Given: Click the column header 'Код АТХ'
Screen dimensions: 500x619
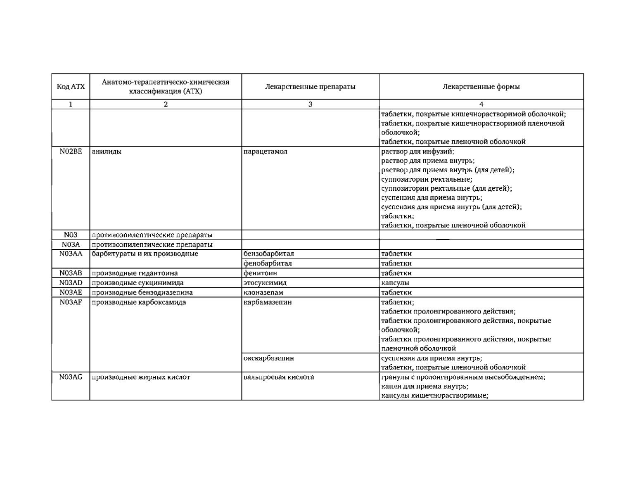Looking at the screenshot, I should tap(71, 87).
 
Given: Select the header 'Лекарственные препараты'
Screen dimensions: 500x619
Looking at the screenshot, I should tap(310, 87).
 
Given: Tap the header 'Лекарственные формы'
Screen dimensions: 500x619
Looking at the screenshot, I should tap(481, 87).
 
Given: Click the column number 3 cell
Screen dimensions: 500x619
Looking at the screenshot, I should tap(310, 104).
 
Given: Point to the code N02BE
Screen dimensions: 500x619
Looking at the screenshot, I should tap(71, 152).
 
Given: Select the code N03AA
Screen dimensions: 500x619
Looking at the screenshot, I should tap(71, 254).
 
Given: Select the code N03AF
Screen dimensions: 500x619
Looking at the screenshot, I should tap(71, 302).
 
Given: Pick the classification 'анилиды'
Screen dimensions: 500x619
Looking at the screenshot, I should tap(107, 152).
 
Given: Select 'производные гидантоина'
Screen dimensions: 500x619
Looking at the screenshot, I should tap(135, 273).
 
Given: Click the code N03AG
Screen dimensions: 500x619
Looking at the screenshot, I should tap(71, 377).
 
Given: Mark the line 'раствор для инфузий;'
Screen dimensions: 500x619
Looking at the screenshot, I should tap(417, 152).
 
